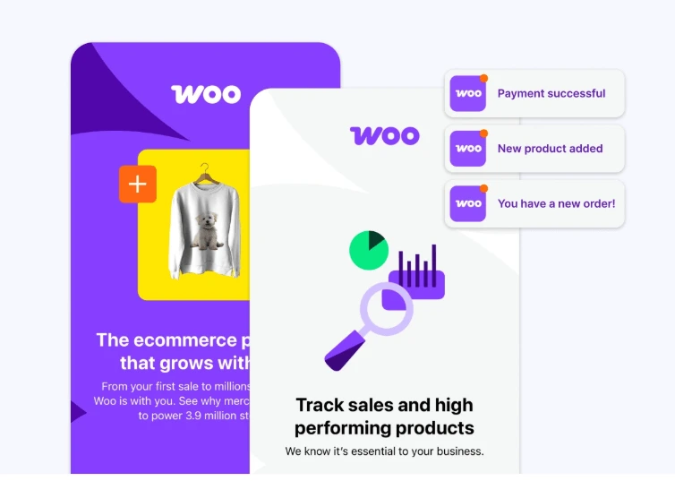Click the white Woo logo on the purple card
(206, 93)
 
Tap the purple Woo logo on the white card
(384, 135)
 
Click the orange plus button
(138, 185)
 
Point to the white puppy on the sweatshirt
(209, 229)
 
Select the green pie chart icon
(368, 250)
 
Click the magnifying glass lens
(386, 309)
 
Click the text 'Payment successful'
(551, 93)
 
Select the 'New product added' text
(550, 149)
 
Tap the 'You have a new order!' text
(556, 203)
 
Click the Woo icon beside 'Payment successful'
(468, 93)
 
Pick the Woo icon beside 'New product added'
(468, 149)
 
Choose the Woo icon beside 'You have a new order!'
(468, 203)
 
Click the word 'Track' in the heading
(321, 405)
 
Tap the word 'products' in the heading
(434, 427)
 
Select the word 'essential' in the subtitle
(387, 451)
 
